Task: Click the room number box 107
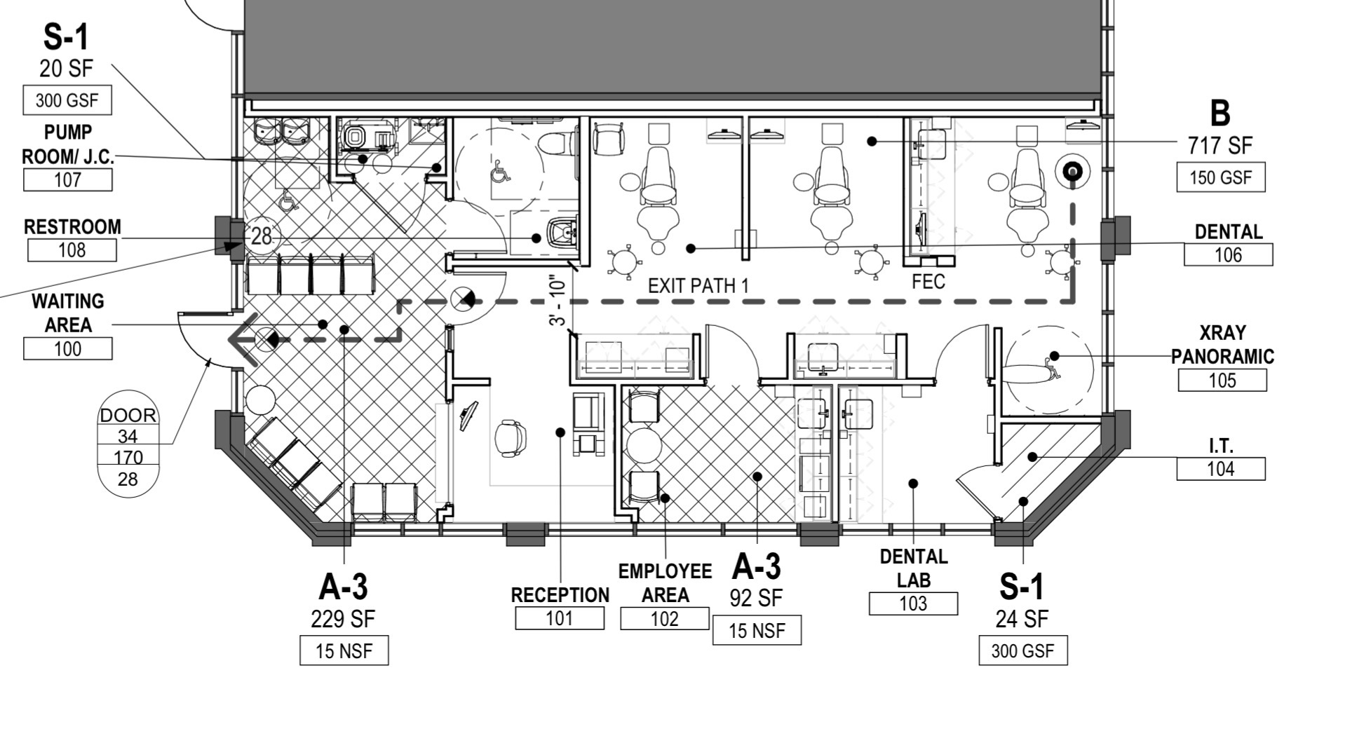[x=67, y=179]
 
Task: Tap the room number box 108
[x=72, y=250]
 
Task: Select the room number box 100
[x=67, y=348]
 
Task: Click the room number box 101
[x=560, y=618]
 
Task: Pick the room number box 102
[x=665, y=618]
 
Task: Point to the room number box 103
[x=913, y=604]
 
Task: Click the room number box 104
[x=1221, y=469]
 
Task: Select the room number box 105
[x=1222, y=380]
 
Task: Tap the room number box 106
[x=1228, y=254]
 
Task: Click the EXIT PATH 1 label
[x=698, y=286]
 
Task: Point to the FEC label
[x=928, y=282]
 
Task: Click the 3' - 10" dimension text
[x=558, y=300]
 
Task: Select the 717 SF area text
[x=1220, y=145]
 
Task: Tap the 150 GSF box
[x=1221, y=177]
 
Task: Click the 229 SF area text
[x=343, y=619]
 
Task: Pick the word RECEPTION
[x=560, y=595]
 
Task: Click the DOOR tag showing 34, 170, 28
[x=128, y=444]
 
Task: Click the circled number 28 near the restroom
[x=261, y=236]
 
